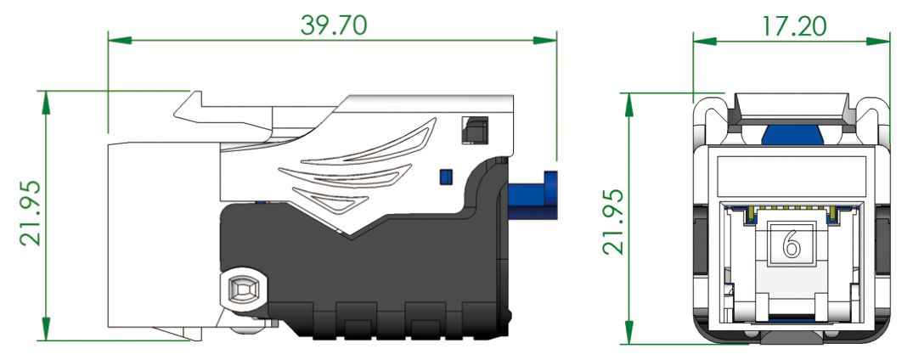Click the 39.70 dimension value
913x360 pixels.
point(334,25)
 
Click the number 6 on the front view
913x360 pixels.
point(791,245)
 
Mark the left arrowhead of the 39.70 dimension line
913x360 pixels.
point(116,40)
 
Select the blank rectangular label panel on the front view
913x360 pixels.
point(791,177)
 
